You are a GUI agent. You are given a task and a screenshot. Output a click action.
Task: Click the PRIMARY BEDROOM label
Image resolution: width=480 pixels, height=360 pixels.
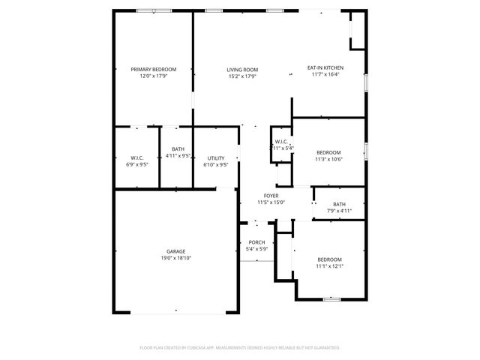153,69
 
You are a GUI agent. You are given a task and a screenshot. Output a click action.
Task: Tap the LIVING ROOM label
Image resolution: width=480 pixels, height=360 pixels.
242,69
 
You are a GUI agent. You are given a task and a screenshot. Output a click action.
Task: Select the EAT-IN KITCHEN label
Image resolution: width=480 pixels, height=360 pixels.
325,68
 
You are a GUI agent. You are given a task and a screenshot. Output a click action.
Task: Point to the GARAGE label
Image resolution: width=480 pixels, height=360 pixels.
176,251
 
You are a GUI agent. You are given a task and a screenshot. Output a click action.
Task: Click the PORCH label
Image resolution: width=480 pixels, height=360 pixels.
256,242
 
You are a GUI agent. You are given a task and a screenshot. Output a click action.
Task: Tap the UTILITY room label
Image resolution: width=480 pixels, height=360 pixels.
216,158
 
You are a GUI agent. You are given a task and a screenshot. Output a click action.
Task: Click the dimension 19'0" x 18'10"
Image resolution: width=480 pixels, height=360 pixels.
176,258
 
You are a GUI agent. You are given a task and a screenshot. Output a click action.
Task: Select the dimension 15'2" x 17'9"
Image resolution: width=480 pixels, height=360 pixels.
242,76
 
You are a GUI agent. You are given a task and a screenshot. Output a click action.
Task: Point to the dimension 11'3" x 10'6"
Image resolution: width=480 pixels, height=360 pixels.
328,159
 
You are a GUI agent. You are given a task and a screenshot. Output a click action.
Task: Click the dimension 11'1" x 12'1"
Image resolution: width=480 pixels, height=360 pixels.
328,266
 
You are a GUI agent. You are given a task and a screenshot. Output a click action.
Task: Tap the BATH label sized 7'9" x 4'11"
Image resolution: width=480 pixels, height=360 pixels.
339,204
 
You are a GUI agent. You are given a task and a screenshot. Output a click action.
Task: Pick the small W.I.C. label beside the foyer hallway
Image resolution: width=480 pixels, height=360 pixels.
281,142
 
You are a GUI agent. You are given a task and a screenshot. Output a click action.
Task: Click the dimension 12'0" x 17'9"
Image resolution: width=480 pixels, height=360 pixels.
153,76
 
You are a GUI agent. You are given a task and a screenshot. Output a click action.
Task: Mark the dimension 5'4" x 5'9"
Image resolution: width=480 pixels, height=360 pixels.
256,249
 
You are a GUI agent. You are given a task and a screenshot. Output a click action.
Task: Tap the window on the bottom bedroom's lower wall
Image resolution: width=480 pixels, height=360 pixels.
332,299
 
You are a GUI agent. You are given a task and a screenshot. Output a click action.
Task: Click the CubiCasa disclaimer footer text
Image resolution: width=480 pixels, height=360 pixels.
240,347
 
